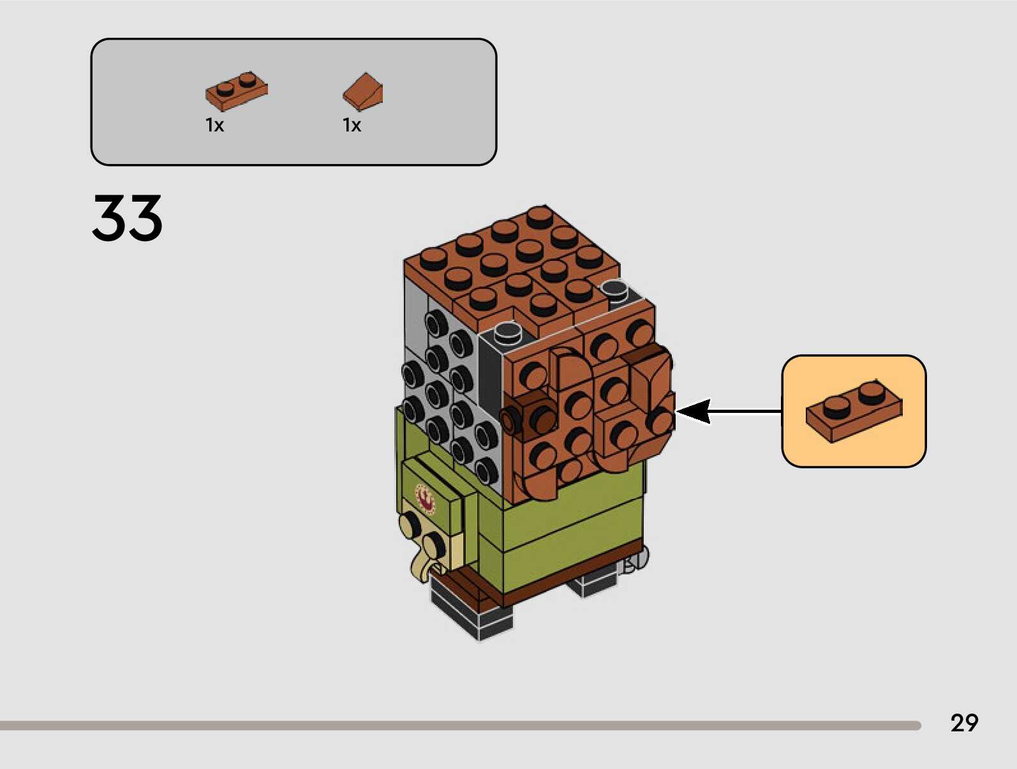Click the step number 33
[127, 218]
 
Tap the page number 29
[963, 723]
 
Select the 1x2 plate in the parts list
[236, 91]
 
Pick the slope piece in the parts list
[363, 91]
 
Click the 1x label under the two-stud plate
[214, 126]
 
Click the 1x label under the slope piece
[352, 126]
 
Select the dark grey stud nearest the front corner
[507, 331]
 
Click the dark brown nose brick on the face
[530, 414]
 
